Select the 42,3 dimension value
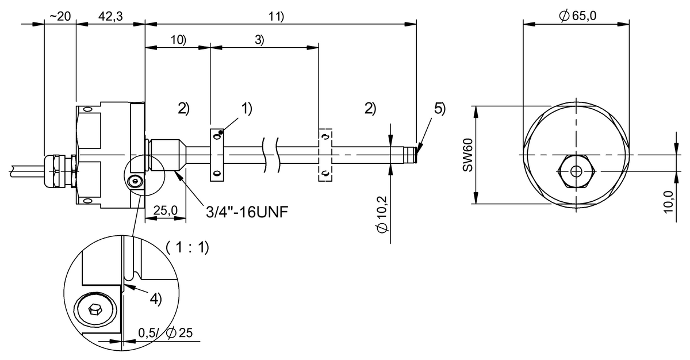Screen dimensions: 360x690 pyautogui.click(x=110, y=16)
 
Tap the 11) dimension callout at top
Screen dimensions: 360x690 pyautogui.click(x=277, y=16)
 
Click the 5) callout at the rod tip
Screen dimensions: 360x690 pyautogui.click(x=439, y=109)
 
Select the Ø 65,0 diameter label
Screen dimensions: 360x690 pyautogui.click(x=577, y=16)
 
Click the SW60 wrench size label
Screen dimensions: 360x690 pyautogui.click(x=467, y=155)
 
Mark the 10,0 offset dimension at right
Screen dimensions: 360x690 pyautogui.click(x=668, y=201)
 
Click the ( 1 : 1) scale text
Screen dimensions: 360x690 pyautogui.click(x=187, y=248)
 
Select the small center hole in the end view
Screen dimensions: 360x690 pyautogui.click(x=576, y=171)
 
